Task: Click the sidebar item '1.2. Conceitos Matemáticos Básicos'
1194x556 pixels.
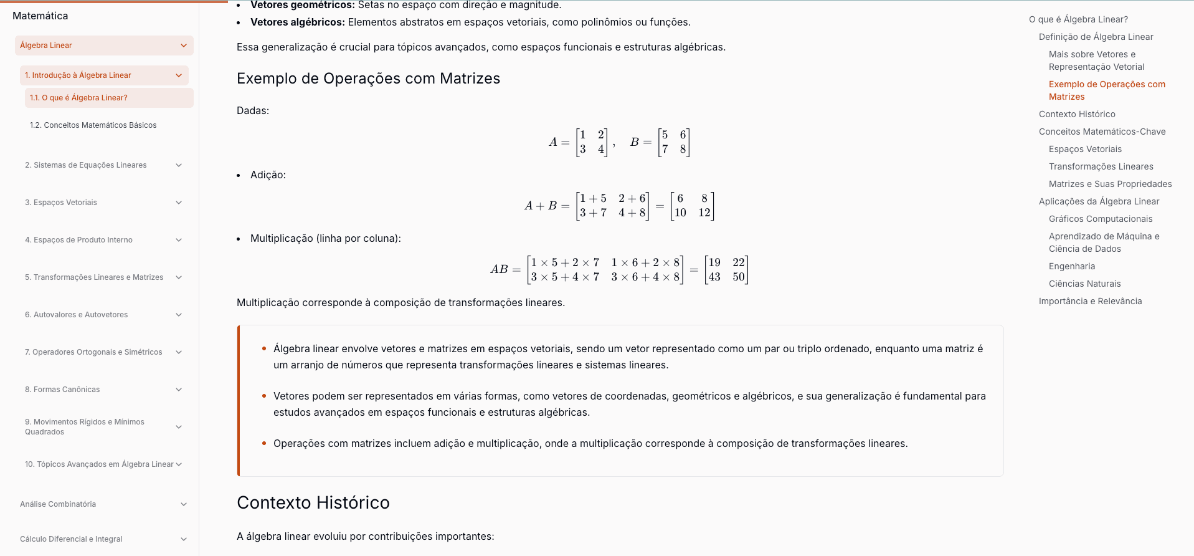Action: [x=93, y=125]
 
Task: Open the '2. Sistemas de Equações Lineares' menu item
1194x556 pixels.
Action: [x=86, y=165]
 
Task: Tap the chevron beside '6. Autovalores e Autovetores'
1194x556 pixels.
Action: [x=179, y=315]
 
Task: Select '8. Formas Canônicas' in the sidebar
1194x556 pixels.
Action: [x=62, y=390]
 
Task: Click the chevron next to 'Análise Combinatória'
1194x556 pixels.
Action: [x=184, y=504]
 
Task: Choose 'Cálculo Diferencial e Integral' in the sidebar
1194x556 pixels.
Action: [x=71, y=539]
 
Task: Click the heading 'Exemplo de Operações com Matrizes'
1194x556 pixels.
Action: [x=368, y=79]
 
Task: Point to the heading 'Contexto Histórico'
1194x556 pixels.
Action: [x=313, y=502]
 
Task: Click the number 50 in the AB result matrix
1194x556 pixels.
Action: [x=739, y=277]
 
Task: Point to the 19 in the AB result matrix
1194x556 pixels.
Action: [x=714, y=262]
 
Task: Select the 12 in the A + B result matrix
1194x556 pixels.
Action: [x=704, y=213]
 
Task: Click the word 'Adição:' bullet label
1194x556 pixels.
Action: [x=268, y=175]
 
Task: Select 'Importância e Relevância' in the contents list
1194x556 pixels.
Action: [x=1090, y=301]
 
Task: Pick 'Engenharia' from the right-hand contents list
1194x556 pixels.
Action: [x=1071, y=266]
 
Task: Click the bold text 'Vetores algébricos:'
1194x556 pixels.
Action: [x=297, y=22]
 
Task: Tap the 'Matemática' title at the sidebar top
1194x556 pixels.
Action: [x=40, y=16]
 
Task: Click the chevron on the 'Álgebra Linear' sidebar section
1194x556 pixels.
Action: [x=184, y=46]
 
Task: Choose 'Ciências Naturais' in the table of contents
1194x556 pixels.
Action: [x=1084, y=284]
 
